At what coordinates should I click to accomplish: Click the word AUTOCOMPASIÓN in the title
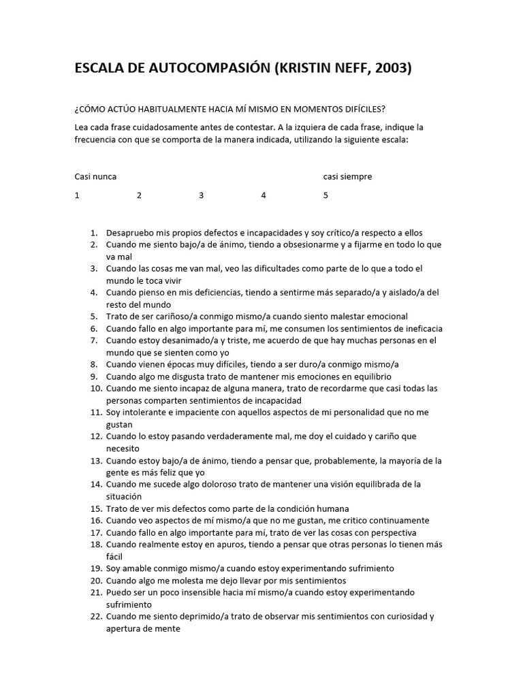click(x=206, y=69)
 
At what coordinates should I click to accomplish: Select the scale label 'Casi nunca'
click(x=95, y=176)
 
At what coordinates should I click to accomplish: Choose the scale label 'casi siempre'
click(x=347, y=176)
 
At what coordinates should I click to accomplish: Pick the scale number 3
click(x=201, y=195)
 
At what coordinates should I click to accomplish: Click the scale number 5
click(x=326, y=195)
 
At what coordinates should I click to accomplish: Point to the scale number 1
click(x=77, y=195)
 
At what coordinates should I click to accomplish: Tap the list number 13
click(x=95, y=461)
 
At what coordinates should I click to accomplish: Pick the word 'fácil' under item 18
click(x=114, y=556)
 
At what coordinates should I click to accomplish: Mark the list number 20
click(x=95, y=581)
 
